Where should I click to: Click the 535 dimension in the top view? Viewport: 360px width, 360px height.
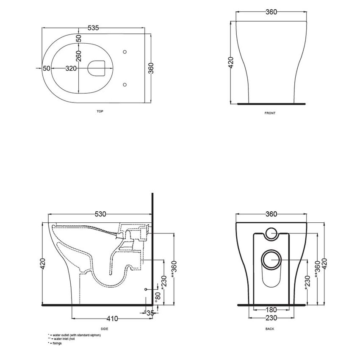[x=93, y=28]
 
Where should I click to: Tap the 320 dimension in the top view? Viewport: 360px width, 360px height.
[x=71, y=68]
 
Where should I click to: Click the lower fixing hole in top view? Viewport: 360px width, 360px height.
[x=124, y=84]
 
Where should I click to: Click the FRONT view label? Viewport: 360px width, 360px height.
[x=270, y=113]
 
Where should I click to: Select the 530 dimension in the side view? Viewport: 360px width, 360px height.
[x=100, y=214]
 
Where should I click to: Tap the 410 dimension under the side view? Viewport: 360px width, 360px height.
[x=112, y=318]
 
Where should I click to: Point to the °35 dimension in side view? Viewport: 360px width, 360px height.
[x=149, y=313]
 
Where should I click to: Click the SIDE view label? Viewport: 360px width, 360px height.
[x=104, y=329]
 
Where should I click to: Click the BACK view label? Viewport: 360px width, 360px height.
[x=270, y=329]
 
